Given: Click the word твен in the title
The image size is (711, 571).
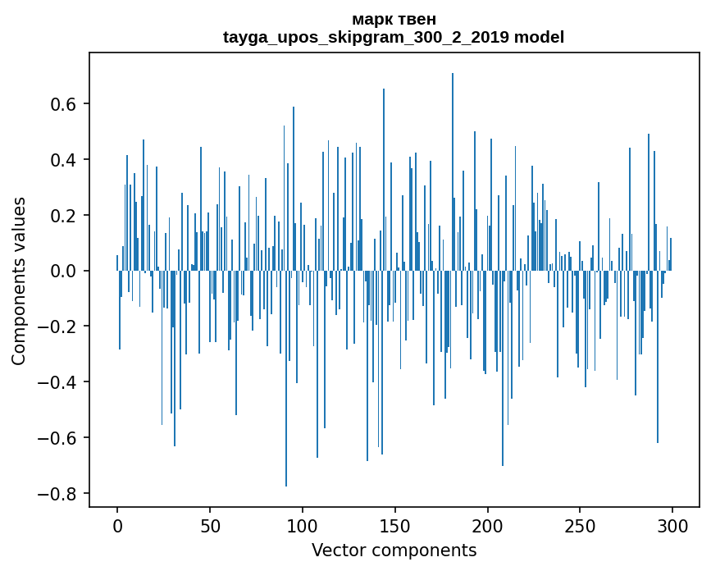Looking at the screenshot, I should pyautogui.click(x=418, y=19).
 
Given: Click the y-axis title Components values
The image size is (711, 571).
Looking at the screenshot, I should pyautogui.click(x=19, y=281).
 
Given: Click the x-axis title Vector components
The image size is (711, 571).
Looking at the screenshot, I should pyautogui.click(x=394, y=550).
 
